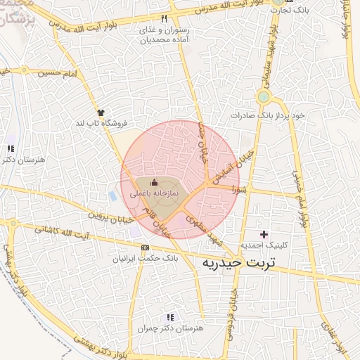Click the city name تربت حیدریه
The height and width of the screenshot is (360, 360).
[x=239, y=263]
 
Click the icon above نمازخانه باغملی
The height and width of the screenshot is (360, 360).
[x=155, y=183]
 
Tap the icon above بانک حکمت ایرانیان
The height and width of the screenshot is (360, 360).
[x=146, y=248]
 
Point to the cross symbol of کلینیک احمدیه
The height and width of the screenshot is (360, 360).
[x=264, y=234]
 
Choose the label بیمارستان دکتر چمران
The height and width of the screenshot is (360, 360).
[x=170, y=328]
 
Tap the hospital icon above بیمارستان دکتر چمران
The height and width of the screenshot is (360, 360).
[x=170, y=318]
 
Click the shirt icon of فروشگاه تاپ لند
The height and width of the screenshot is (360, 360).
[x=101, y=112]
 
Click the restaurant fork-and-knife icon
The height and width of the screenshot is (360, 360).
[x=165, y=19]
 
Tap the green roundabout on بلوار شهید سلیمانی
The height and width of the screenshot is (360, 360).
[x=263, y=97]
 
